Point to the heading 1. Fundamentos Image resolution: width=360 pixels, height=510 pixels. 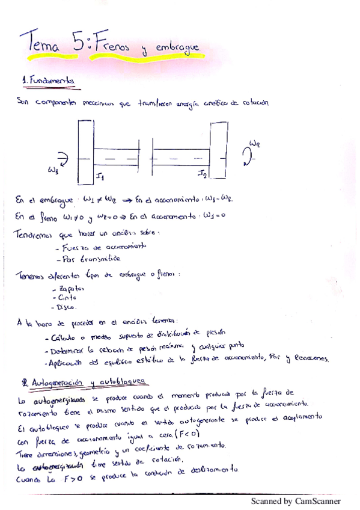point(49,79)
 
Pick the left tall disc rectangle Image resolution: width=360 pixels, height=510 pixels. point(85,153)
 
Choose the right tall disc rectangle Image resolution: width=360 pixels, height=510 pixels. point(217,151)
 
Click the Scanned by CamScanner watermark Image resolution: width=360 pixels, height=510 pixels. point(296,500)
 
